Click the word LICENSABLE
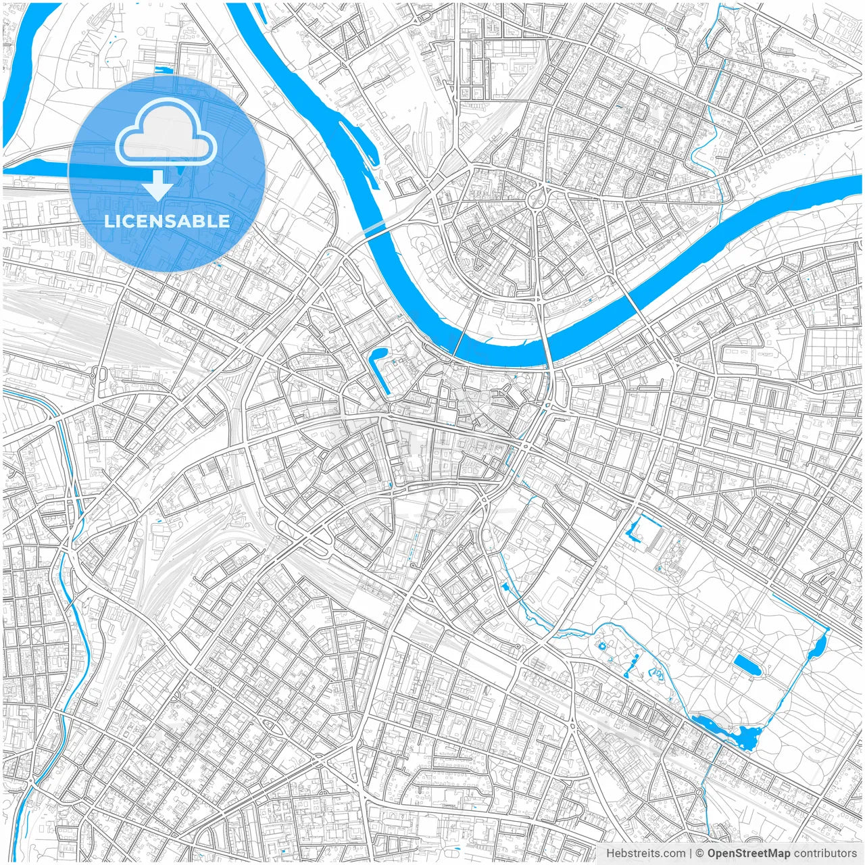(167, 221)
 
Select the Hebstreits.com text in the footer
(645, 854)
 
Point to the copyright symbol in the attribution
(700, 854)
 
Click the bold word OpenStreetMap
(748, 854)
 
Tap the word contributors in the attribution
(825, 854)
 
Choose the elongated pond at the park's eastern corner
(820, 645)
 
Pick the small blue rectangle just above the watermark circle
(164, 69)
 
